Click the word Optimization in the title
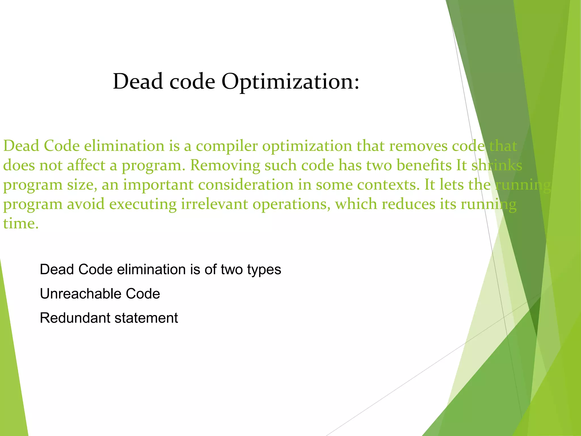(x=290, y=82)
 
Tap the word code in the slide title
(x=192, y=82)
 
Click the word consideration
(x=246, y=185)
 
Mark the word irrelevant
(x=214, y=204)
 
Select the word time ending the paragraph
(x=20, y=224)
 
